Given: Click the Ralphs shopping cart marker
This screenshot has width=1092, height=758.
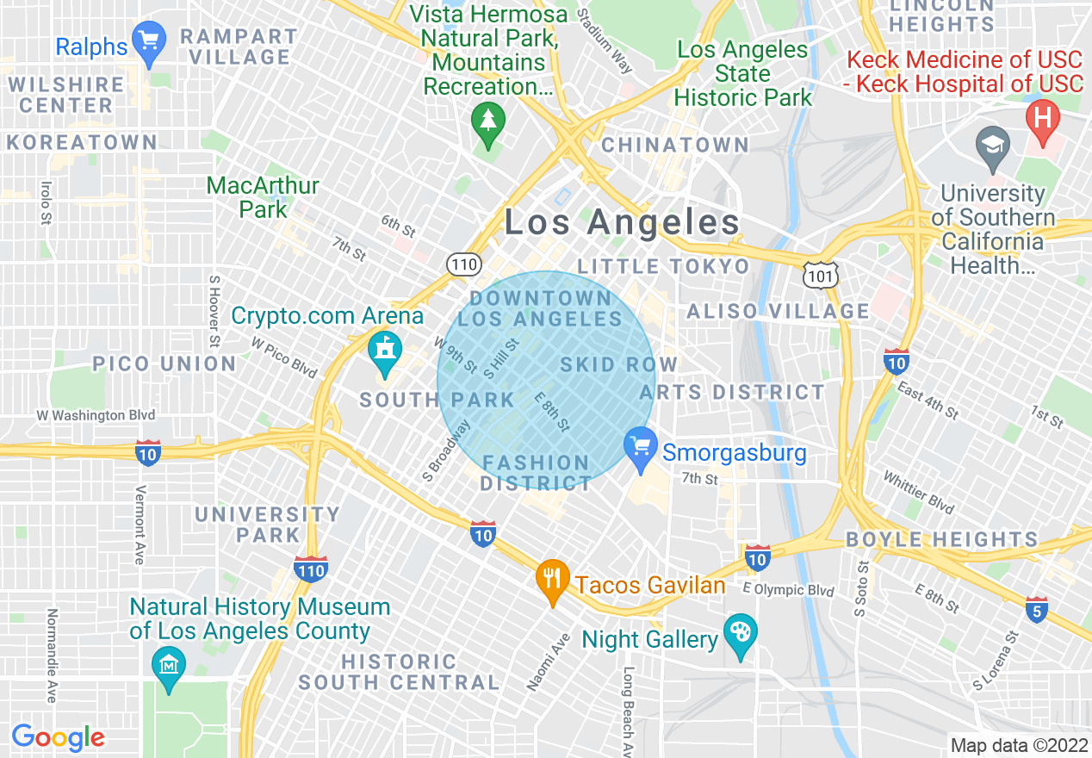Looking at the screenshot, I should coord(151,43).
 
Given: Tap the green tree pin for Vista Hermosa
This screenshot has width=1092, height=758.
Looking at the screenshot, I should coord(489,123).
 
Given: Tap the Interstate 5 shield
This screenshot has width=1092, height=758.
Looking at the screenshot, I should coord(1037,610).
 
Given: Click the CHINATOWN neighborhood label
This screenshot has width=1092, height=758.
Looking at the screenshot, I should coord(675,146).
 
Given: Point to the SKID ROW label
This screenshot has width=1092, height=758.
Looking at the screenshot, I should coord(618,364).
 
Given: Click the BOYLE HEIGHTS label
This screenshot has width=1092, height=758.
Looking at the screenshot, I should coord(942,540).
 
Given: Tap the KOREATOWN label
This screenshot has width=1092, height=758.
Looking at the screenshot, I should coord(82,143).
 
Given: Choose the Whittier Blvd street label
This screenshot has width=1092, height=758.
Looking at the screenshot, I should coord(919,492).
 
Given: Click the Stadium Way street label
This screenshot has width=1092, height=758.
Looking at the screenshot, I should coord(605,40).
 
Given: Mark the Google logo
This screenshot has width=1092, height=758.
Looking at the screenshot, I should coord(58,737).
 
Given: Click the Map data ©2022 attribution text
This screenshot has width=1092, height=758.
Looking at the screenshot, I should coord(1018,745).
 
